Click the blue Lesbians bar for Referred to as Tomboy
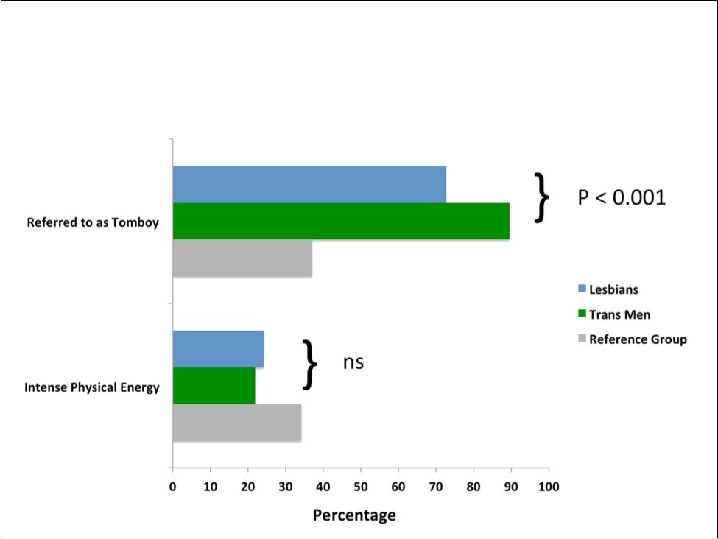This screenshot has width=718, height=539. pos(309,184)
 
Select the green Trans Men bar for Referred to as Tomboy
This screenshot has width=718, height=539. pos(341,221)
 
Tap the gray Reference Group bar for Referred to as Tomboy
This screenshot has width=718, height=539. pos(242,258)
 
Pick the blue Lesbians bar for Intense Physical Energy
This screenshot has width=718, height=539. pos(218,349)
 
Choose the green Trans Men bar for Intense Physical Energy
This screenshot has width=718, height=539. pos(214,385)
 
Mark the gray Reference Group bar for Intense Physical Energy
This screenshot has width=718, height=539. pos(236,423)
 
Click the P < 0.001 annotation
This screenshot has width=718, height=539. pos(622,197)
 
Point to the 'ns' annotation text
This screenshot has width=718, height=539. pos(353,362)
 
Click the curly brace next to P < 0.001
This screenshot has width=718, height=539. pos(541,197)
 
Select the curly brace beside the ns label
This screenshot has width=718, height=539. pos(310,364)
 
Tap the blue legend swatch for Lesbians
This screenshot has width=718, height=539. pos(581,289)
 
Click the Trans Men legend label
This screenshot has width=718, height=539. pos(619,314)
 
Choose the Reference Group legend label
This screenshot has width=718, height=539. pos(638,339)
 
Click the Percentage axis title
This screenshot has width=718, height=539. pos(354,515)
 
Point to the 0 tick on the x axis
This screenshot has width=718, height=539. pos(172,486)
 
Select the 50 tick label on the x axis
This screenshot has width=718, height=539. pos(360,486)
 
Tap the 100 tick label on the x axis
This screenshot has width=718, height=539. pos(549,486)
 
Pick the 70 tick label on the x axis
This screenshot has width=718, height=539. pos(435,486)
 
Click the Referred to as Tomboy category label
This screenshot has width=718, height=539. pos(93,222)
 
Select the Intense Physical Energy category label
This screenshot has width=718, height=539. pos(92,387)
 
